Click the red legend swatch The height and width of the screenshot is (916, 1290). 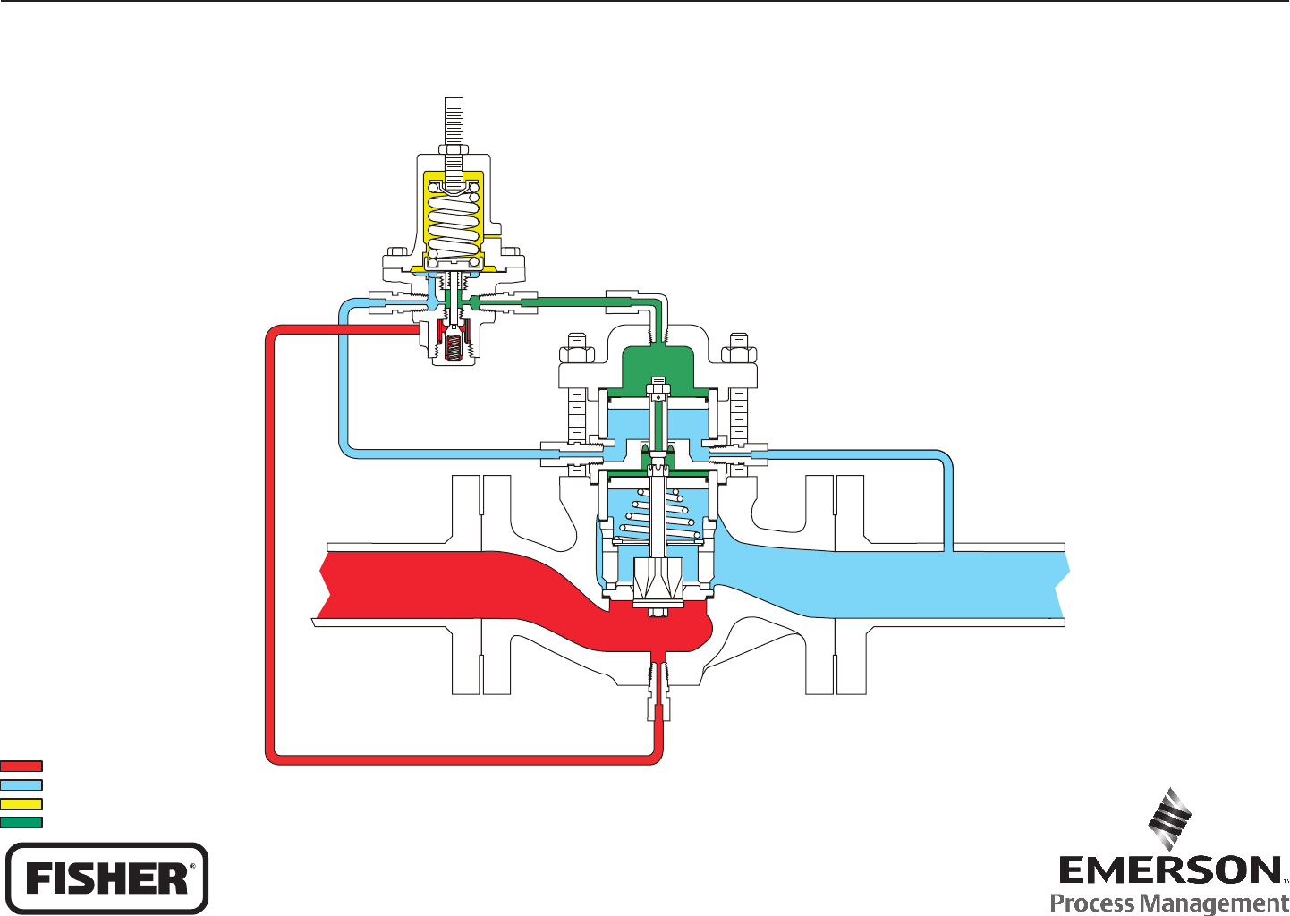click(x=21, y=766)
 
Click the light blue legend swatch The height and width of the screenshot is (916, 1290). click(x=21, y=785)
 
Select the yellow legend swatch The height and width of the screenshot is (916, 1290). click(x=21, y=803)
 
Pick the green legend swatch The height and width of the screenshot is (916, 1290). click(x=21, y=822)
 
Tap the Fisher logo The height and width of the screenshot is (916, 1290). click(x=107, y=878)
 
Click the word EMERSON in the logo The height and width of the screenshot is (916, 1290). click(x=1169, y=870)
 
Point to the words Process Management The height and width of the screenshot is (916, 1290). click(x=1169, y=903)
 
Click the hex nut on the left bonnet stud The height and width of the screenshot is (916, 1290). click(x=577, y=344)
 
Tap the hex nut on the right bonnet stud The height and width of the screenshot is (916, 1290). click(x=739, y=344)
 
